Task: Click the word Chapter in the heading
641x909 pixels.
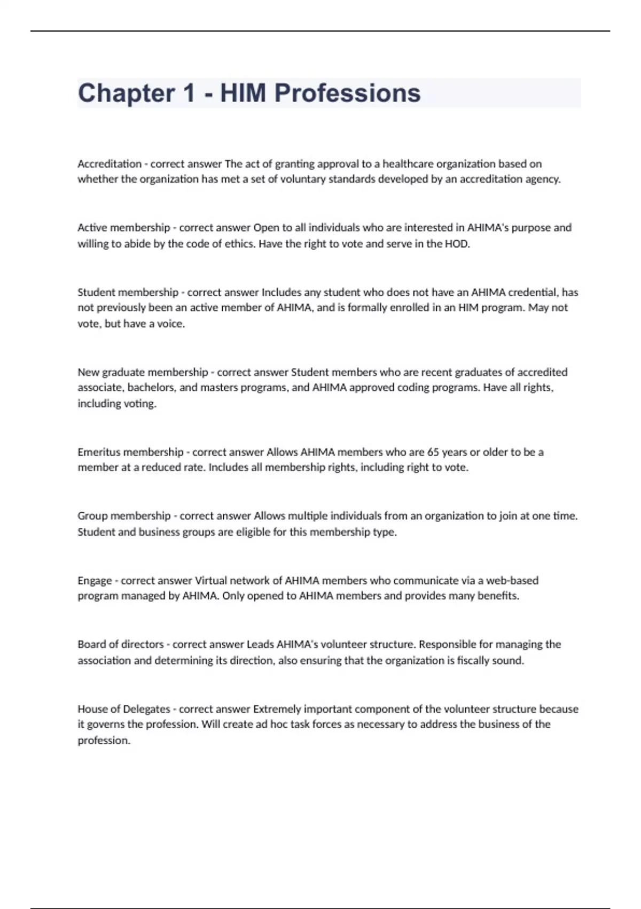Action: [126, 93]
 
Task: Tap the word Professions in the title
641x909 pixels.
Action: [347, 93]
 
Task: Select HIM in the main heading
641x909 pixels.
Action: [243, 93]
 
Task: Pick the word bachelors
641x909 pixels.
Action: [151, 387]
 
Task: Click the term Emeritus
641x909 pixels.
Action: [99, 452]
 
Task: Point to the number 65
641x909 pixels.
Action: [433, 452]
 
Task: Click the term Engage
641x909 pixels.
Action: [95, 581]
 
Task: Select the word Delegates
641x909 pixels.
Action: [146, 709]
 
